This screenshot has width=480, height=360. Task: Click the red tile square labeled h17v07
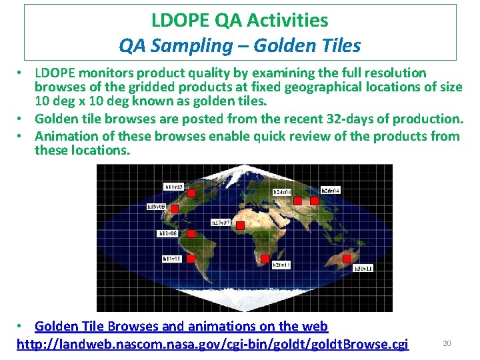click(241, 226)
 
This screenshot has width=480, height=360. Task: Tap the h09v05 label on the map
click(155, 207)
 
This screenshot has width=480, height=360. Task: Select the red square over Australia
click(347, 258)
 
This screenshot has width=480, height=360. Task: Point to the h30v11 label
click(363, 268)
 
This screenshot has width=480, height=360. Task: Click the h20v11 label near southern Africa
click(281, 265)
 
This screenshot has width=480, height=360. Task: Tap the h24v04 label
click(282, 192)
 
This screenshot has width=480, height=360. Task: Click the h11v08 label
click(167, 233)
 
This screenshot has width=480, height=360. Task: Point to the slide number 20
click(447, 343)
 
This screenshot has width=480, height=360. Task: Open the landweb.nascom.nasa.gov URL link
click(212, 344)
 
